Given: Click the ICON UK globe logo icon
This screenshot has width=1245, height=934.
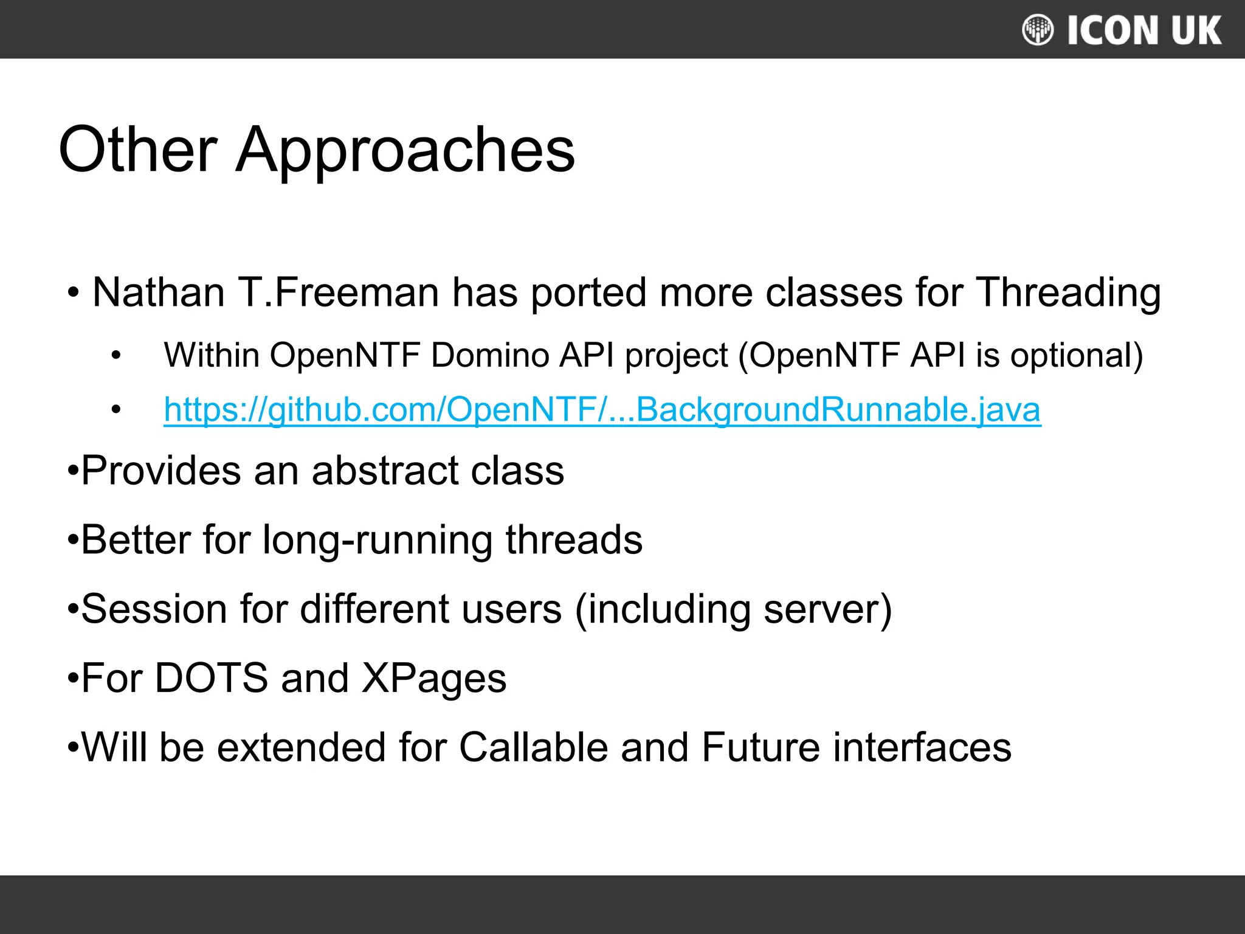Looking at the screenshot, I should point(1038,30).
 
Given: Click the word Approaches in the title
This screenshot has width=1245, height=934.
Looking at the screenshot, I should point(405,150).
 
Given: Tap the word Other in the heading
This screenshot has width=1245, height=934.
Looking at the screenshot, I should point(138,149).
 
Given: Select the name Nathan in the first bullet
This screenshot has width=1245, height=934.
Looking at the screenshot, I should point(159,292).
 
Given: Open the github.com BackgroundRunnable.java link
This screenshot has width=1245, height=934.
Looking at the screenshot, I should point(602,409).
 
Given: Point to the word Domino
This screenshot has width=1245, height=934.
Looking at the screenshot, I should point(489,355).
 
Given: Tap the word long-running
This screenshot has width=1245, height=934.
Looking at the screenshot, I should point(377,540).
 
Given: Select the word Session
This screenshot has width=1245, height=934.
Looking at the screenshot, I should point(154,609).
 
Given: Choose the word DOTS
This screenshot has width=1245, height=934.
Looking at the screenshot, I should point(211,678).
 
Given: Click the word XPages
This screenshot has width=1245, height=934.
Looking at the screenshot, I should point(434,678).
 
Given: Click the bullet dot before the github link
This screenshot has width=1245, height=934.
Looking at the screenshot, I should point(116,410).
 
